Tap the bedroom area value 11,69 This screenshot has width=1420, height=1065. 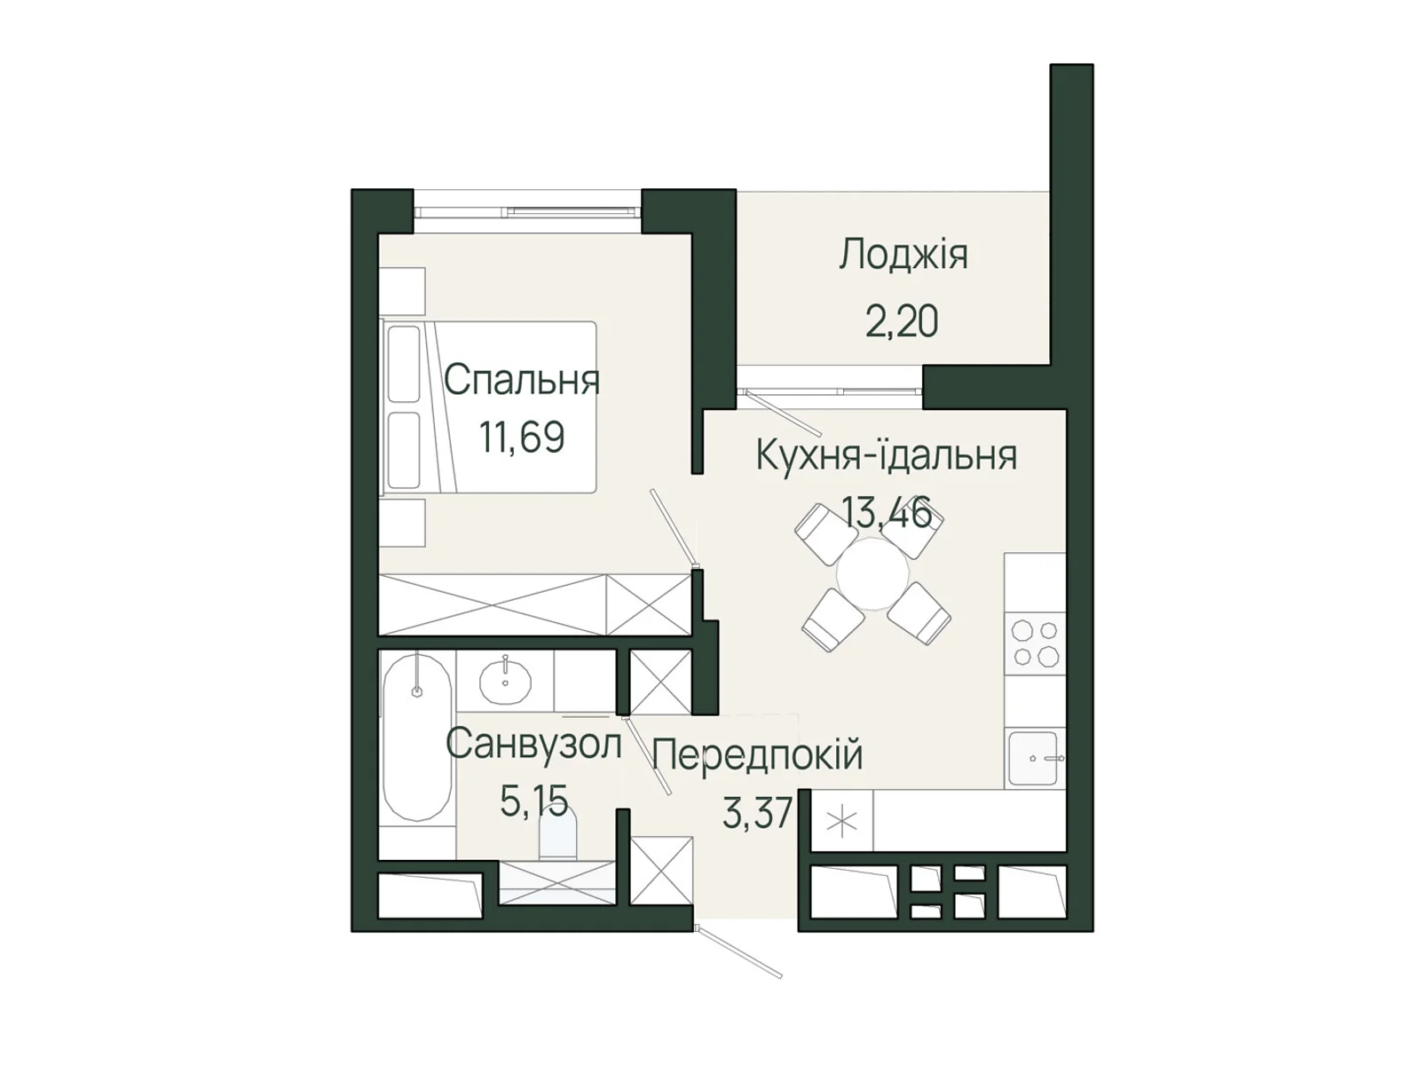tap(522, 438)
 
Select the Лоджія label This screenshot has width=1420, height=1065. tap(903, 255)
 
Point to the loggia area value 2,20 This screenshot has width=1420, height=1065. tap(902, 322)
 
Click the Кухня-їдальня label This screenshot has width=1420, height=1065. tap(887, 455)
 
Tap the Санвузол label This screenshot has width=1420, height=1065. tap(533, 744)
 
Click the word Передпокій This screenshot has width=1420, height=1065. tap(758, 754)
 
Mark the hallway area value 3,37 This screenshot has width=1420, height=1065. tap(758, 814)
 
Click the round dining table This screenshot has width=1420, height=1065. tap(872, 573)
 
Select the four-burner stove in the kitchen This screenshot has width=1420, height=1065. tap(1035, 643)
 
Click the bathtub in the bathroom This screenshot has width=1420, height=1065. tap(417, 737)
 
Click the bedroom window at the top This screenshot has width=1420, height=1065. tap(527, 211)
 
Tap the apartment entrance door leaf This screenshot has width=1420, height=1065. tap(739, 952)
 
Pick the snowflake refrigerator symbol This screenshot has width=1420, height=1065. tap(841, 822)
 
